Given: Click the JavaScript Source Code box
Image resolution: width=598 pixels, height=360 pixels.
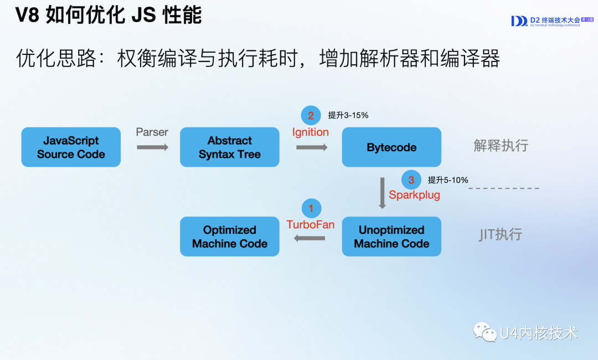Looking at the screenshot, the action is coord(71,147).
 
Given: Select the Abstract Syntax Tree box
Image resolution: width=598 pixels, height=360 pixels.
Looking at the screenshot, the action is coord(230,147).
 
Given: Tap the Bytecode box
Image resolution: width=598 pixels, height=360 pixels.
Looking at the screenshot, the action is coord(391,147).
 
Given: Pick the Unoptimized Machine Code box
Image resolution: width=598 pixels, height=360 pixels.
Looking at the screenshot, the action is coord(391,236).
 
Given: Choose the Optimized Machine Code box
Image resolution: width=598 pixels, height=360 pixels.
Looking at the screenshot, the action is coord(230,236).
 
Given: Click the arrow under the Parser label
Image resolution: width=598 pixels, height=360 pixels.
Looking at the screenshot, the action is coord(152,147).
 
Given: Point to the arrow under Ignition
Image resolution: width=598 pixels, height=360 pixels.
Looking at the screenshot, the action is coord(312,147).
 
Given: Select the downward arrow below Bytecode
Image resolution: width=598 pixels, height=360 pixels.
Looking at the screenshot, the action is coord(382,193).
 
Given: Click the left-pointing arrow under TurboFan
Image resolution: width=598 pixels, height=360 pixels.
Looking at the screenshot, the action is coord(310,238).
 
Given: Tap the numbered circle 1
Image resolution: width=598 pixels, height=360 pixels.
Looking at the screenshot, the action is coord(311,208).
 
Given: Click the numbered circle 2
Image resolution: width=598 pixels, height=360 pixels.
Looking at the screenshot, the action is coord(311,115).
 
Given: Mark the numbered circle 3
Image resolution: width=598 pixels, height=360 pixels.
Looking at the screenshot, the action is coord(411,179).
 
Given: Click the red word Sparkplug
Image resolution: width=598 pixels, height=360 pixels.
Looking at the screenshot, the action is coord(414,195).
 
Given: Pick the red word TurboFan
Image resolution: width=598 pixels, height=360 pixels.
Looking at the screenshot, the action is coord(310,224).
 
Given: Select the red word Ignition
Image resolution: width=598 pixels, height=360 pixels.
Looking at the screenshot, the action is coord(311,132).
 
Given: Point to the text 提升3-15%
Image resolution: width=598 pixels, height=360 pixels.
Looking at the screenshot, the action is coord(348,115).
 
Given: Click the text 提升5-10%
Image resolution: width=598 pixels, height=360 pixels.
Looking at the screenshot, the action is coord(448,179).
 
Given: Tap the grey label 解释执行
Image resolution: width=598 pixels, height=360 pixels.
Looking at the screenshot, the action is coord(501,146).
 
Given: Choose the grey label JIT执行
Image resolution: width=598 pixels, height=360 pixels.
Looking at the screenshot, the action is coord(501,234).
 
